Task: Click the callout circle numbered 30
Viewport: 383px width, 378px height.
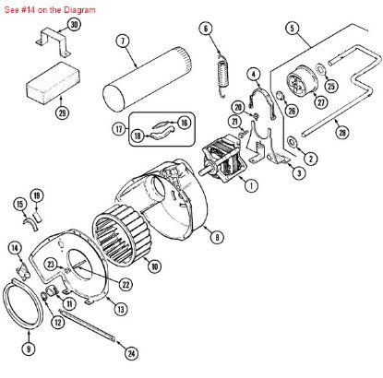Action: (x=74, y=24)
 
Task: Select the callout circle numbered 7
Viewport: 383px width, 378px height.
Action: (x=122, y=40)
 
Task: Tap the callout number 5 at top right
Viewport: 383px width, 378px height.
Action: (x=292, y=29)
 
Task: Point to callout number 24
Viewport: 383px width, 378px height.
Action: (x=131, y=353)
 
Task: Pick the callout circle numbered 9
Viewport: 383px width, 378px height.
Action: (x=29, y=349)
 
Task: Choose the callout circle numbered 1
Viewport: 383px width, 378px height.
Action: (x=251, y=183)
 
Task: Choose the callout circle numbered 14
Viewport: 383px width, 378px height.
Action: (x=16, y=247)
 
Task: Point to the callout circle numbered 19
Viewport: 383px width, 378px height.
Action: (x=37, y=195)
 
